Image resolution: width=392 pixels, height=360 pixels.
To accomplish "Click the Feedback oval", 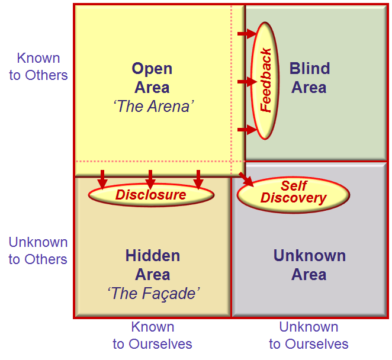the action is point(265,81).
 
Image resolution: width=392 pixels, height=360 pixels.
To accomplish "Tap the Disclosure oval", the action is point(151,195).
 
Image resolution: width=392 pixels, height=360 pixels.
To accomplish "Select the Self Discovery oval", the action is point(293,195).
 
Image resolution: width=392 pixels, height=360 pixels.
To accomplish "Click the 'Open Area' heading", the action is point(152,78).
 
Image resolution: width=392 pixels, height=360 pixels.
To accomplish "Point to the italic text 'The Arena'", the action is point(153,106).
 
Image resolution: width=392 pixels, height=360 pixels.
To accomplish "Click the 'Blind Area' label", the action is point(310,78).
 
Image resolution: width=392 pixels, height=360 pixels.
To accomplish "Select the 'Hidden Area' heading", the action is point(153,265).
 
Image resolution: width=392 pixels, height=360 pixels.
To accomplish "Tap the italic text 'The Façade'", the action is point(153,293).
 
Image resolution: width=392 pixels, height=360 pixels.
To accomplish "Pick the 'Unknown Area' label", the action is point(310,265).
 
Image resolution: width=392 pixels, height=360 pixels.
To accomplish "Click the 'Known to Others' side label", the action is point(38,66).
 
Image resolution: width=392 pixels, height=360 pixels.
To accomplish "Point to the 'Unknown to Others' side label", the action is point(38,250).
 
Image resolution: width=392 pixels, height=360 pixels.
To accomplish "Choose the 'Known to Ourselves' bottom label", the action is point(153,335).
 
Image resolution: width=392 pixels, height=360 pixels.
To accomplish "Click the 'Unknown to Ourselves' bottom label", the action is point(309,335).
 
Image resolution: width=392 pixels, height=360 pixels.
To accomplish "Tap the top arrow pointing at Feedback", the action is point(248,34).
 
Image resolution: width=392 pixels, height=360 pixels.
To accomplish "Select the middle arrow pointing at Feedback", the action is point(248,82).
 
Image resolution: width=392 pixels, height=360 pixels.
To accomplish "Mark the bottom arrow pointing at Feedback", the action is point(248,130).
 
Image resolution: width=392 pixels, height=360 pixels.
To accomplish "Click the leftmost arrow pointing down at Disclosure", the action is point(102,179).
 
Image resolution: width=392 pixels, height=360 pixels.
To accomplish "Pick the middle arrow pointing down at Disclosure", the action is point(150,179).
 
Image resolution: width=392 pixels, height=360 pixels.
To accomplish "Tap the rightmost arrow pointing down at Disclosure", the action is point(198,179).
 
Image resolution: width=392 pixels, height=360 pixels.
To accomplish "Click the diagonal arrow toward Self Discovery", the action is point(246,179).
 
